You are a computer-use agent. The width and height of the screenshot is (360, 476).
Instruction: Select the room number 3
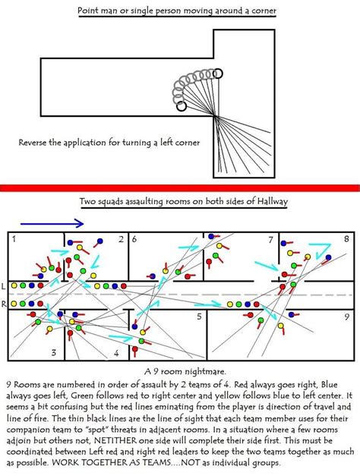[x=52, y=352]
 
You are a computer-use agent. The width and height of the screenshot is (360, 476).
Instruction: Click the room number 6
[x=134, y=239]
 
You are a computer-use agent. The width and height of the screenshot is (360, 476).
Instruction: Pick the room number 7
[x=270, y=239]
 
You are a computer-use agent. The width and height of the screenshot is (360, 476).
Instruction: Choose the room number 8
[x=346, y=239]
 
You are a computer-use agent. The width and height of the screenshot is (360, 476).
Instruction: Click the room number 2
[x=119, y=239]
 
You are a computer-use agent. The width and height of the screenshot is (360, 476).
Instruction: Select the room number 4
[x=115, y=353]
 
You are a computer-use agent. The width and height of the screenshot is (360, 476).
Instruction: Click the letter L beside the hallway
[x=4, y=287]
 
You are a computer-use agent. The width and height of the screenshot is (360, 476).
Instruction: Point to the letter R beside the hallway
[x=4, y=303]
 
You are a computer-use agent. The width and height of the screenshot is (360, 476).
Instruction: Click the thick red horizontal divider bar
[x=180, y=187]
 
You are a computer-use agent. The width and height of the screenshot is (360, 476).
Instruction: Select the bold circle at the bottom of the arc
[x=181, y=106]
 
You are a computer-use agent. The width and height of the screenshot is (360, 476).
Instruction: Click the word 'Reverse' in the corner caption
[x=39, y=142]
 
